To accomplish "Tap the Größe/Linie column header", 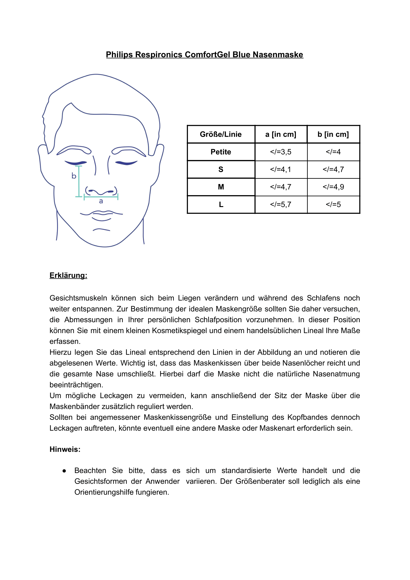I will tap(221, 134).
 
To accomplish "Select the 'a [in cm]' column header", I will tap(281, 134).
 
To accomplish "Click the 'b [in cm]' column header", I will tap(333, 134).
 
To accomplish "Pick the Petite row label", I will tap(221, 152).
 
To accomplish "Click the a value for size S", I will tap(281, 169).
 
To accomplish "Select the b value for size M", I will tap(333, 187).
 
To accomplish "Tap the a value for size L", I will tap(281, 204).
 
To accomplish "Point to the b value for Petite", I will tap(333, 152).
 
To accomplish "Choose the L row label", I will tap(221, 204).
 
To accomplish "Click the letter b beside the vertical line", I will tap(74, 176).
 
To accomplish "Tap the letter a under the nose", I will tap(101, 201).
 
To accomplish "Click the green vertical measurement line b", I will tap(79, 181).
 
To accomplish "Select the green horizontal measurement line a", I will tap(101, 197).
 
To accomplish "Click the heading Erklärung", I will tap(68, 275).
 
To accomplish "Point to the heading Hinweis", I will tap(65, 449).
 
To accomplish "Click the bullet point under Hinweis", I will tap(64, 471).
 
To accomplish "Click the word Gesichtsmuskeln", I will tap(78, 298).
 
